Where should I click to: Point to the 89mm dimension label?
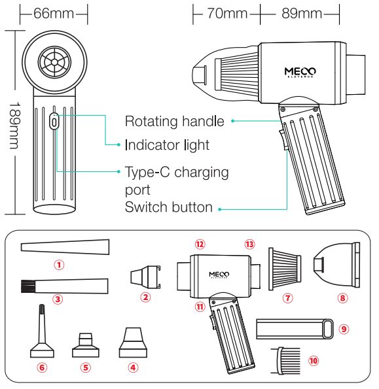[x=300, y=13]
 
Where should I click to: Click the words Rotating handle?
[x=174, y=122]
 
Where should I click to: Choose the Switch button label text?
[x=168, y=207]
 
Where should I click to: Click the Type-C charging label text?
[x=177, y=173]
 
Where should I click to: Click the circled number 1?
[x=60, y=265]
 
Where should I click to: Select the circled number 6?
[x=43, y=367]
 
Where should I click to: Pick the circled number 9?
[x=344, y=328]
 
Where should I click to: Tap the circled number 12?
[x=200, y=244]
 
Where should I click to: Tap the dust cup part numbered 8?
[x=338, y=265]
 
